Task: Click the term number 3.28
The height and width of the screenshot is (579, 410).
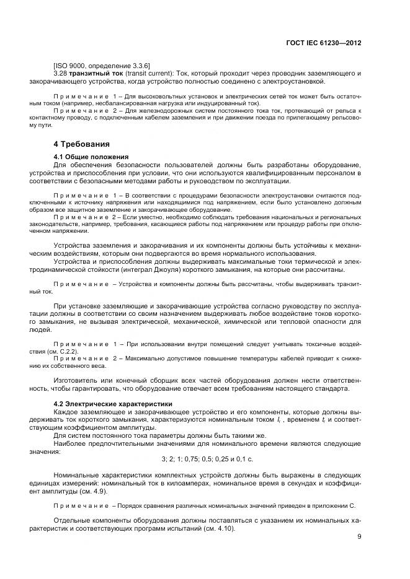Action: pyautogui.click(x=61, y=74)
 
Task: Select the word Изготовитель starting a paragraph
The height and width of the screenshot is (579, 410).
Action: pyautogui.click(x=76, y=380)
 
